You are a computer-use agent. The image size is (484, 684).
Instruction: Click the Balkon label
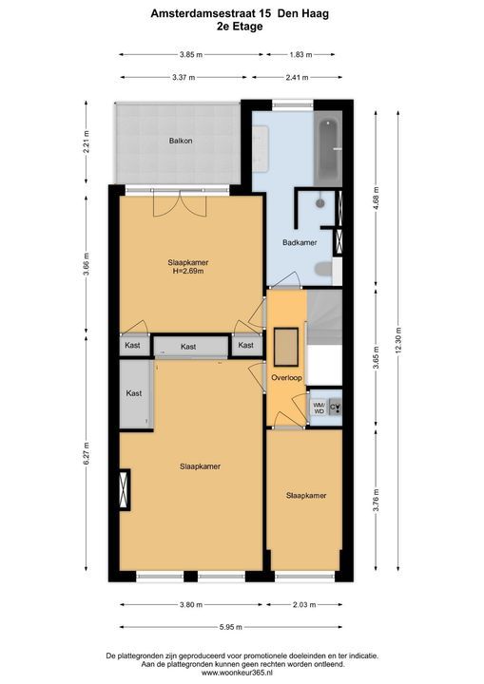tap(181, 141)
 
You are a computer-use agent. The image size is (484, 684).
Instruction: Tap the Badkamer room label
tap(300, 242)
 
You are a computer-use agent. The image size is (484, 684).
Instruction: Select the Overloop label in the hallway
tap(286, 378)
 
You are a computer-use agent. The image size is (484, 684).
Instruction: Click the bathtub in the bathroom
tap(328, 149)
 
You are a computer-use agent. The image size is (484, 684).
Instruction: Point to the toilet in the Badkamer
tap(323, 269)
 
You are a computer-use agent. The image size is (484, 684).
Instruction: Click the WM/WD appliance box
tap(319, 408)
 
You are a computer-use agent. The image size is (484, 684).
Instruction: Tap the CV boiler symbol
tap(335, 408)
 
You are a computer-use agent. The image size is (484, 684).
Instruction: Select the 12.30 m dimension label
tap(397, 341)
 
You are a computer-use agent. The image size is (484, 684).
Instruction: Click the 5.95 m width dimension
tap(231, 627)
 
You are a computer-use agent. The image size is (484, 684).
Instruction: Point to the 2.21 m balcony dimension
tap(86, 142)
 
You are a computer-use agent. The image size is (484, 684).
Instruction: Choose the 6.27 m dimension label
tap(86, 454)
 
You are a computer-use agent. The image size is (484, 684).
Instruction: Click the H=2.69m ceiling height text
tap(188, 272)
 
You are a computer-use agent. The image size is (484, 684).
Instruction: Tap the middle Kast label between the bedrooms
tap(188, 347)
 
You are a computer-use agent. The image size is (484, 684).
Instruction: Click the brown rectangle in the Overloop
tap(286, 348)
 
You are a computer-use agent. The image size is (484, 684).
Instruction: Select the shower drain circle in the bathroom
tap(320, 203)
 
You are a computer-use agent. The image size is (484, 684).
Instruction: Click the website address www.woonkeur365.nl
tap(242, 674)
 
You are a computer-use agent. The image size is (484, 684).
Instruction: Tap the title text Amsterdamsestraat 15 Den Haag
tap(240, 13)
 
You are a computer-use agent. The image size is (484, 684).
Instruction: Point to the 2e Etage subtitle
tap(240, 27)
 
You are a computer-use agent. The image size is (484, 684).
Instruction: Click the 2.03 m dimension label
tap(304, 605)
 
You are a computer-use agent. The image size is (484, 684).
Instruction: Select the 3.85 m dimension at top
tap(191, 55)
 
